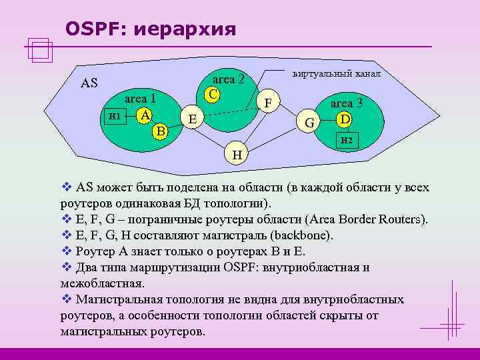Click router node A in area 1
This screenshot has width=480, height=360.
click(144, 115)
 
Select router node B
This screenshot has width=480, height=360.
click(159, 130)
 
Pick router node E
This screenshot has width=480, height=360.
click(192, 119)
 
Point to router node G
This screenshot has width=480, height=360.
click(309, 123)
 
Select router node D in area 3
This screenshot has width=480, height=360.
click(344, 119)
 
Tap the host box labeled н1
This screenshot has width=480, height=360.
click(114, 115)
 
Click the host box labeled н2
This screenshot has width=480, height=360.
click(347, 139)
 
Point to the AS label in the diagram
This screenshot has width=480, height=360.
click(89, 83)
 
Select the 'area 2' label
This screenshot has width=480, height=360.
click(230, 79)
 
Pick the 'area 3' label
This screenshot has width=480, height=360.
click(347, 103)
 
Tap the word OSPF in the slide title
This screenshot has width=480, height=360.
click(92, 29)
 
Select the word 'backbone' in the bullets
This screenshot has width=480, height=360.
click(297, 235)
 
